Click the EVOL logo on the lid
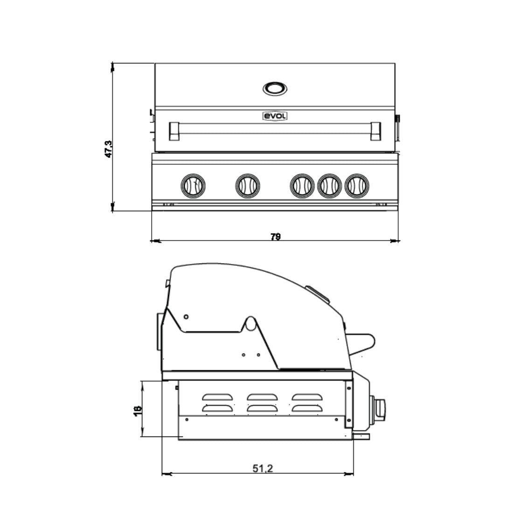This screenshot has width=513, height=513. (x=274, y=116)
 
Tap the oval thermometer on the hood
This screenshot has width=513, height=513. (x=275, y=88)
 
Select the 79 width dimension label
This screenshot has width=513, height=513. (x=276, y=236)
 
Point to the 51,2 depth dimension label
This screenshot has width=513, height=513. (x=263, y=469)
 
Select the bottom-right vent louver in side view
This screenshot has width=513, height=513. (x=308, y=409)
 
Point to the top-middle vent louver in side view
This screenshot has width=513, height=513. (x=263, y=397)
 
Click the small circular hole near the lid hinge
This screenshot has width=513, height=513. (x=186, y=317)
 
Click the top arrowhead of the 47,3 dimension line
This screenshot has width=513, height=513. (x=112, y=67)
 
